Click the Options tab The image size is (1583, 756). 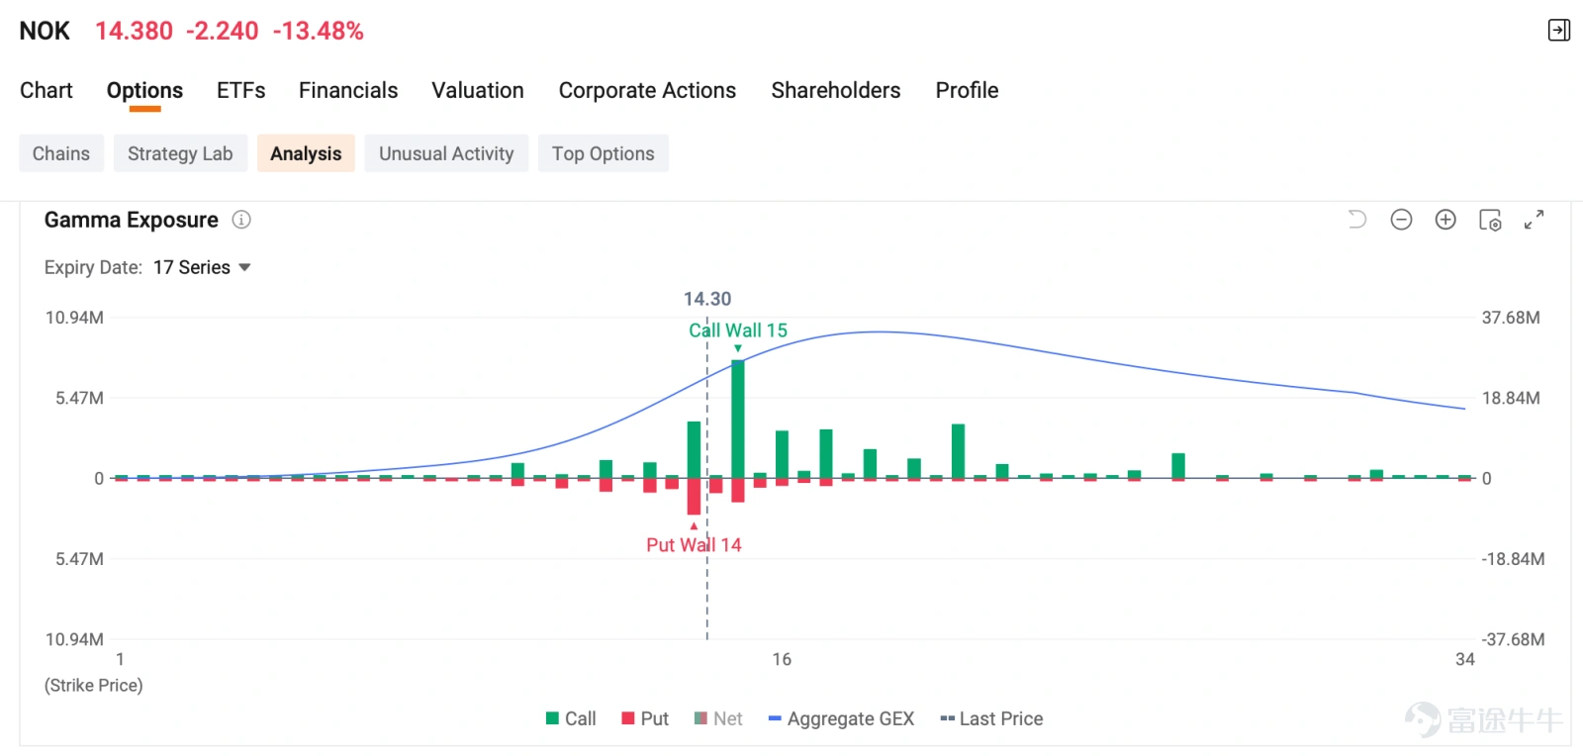tap(144, 90)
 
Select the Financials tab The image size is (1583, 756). tap(347, 90)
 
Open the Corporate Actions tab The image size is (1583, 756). tap(647, 90)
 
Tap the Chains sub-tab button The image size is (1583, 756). tap(61, 153)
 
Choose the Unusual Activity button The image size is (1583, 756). tap(446, 153)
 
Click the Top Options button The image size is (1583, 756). tap(603, 153)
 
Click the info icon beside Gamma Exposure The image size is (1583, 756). tap(241, 220)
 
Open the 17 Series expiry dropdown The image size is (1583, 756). tap(202, 268)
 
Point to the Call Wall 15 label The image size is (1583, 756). tap(738, 330)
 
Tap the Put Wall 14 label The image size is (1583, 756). tap(694, 545)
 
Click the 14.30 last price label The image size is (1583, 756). tap(706, 299)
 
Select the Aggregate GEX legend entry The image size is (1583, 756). tap(841, 718)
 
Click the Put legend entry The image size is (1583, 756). tap(644, 718)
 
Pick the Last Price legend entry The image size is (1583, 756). tap(991, 718)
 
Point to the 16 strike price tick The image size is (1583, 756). tap(781, 659)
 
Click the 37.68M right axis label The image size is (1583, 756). tap(1510, 318)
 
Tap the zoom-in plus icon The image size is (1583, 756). tap(1445, 220)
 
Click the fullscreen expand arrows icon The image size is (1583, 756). tap(1534, 220)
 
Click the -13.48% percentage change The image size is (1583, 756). tap(318, 31)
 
